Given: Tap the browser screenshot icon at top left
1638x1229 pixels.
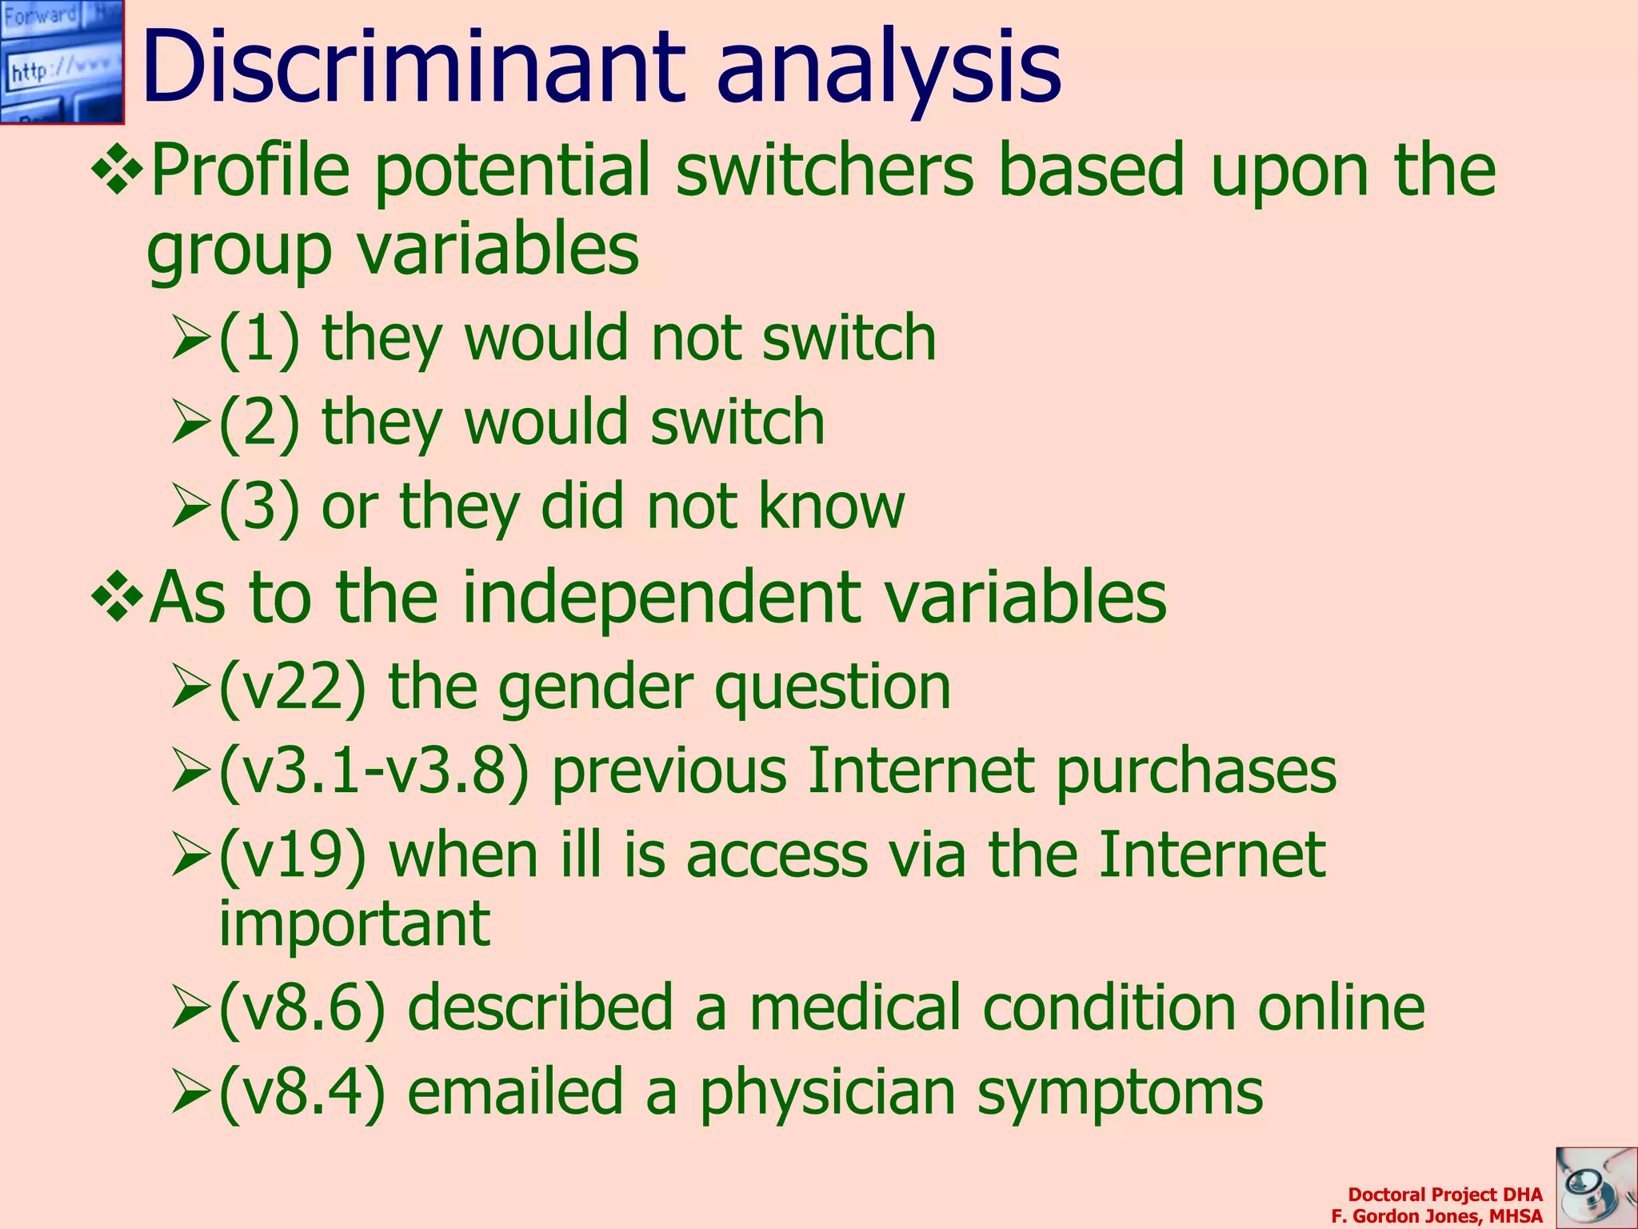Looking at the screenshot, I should coord(62,62).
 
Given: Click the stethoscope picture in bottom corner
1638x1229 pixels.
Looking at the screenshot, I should coord(1596,1187).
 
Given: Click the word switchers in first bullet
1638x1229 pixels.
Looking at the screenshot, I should coord(825,170).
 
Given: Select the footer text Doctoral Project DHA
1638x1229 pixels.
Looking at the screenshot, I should coord(1444,1195).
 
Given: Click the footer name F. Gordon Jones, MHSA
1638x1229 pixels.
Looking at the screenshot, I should coord(1436,1216).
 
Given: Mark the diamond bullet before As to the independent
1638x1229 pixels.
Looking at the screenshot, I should coord(118,596).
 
